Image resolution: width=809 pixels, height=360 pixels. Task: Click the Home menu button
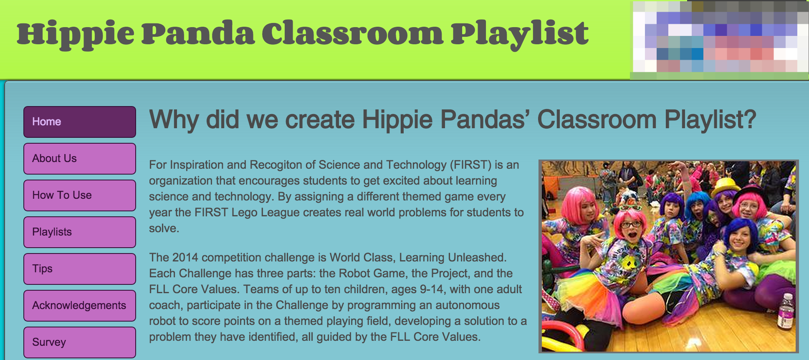80,122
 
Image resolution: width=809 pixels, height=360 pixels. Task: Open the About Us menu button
80,159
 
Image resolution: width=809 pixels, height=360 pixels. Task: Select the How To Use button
80,195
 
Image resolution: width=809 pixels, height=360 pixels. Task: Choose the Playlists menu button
80,232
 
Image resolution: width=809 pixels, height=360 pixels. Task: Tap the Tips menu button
80,269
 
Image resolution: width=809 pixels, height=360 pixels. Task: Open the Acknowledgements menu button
80,306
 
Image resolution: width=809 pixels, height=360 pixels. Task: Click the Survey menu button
80,342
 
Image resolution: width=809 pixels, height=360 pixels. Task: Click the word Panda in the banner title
198,33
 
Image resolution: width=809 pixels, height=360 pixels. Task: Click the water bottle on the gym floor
785,311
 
